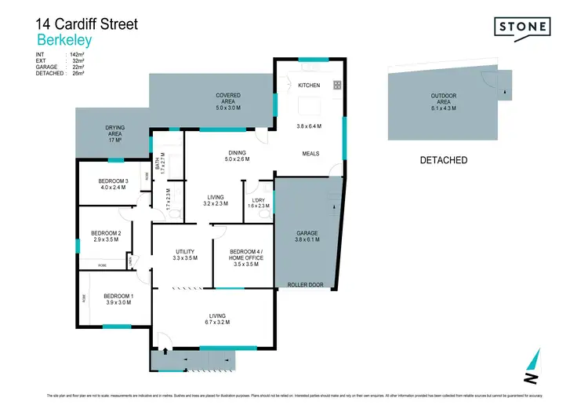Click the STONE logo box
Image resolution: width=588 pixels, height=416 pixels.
pos(521,27)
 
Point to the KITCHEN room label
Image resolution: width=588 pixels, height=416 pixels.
pos(309,84)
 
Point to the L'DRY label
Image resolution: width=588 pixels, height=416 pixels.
pos(258,202)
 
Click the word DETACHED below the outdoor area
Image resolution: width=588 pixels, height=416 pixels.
pos(444,160)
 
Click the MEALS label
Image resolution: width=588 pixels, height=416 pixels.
pos(310,154)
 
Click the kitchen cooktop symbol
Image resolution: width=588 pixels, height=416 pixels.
pos(337,85)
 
